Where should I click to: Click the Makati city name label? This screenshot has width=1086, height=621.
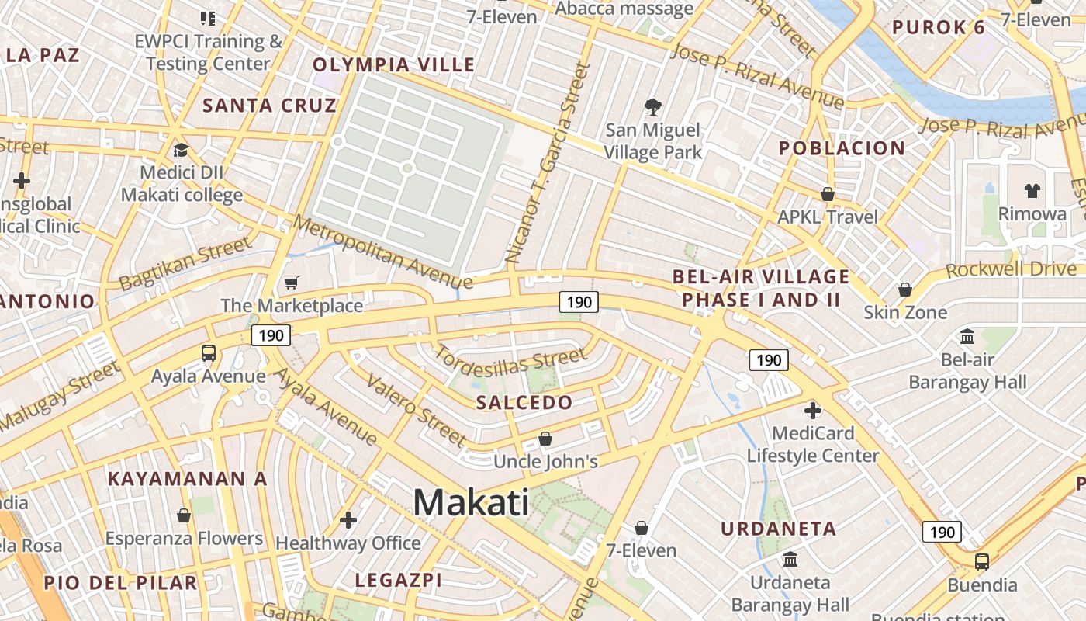click(471, 503)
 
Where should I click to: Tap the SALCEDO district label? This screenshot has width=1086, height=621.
click(524, 402)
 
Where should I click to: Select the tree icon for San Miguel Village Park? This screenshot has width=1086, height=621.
click(653, 107)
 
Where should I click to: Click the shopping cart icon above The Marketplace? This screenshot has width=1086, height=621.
click(292, 283)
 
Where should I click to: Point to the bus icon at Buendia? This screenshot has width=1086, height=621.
click(982, 561)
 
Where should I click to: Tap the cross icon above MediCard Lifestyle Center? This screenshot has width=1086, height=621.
click(813, 411)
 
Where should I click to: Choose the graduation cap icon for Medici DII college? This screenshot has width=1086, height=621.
click(181, 151)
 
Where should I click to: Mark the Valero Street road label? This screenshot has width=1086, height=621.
click(417, 410)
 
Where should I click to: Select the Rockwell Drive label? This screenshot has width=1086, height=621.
click(1012, 270)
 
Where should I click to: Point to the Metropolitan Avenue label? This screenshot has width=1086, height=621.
click(382, 253)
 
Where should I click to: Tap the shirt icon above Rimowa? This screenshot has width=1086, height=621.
click(1032, 191)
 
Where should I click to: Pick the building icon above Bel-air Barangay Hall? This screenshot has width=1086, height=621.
click(967, 337)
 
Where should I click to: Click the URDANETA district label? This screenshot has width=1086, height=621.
click(779, 529)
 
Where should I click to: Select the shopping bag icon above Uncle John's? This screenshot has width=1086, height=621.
click(545, 439)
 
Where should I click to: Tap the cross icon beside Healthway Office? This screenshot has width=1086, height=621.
click(348, 519)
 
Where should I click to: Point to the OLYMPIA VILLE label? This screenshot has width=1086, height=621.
click(393, 64)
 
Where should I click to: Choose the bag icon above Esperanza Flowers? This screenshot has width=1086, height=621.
click(184, 515)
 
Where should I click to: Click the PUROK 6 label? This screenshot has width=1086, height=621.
click(938, 28)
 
